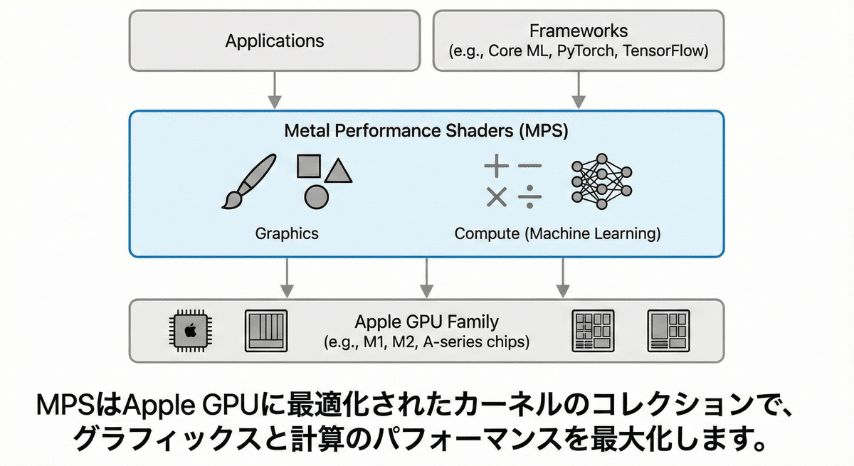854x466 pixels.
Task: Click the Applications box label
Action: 274,41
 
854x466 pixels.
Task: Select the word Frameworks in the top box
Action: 579,31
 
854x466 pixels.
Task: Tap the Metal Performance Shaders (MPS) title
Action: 426,131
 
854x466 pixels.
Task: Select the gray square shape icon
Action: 310,166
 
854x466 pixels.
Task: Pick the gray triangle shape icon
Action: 339,169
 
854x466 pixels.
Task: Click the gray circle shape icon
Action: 317,196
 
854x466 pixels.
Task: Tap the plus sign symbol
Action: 496,166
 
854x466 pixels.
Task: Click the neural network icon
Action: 601,181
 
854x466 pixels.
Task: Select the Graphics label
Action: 286,233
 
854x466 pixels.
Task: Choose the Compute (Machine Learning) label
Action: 557,233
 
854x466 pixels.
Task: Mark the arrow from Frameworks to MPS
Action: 579,90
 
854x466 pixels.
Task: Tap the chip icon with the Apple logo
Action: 189,331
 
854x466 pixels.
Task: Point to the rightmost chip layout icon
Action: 668,331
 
